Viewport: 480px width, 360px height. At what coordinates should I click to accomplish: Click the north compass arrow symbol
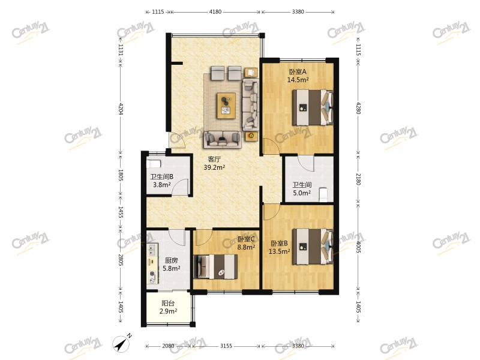[x=122, y=343]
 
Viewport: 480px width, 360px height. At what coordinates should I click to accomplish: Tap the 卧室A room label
[x=298, y=72]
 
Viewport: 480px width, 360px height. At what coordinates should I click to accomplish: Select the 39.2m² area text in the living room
[x=214, y=167]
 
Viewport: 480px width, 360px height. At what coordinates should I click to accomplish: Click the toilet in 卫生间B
[x=154, y=163]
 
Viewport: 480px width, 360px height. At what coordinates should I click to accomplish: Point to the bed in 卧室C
[x=215, y=266]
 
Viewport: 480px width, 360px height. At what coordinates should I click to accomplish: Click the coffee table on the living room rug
[x=226, y=106]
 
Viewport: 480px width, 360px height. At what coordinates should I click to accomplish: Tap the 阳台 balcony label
[x=168, y=304]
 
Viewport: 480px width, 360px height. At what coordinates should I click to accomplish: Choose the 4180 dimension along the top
[x=215, y=11]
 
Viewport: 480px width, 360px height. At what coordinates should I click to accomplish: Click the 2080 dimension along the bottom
[x=168, y=346]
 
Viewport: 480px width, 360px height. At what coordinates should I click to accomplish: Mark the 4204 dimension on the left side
[x=121, y=109]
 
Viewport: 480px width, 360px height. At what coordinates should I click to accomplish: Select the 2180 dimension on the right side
[x=358, y=179]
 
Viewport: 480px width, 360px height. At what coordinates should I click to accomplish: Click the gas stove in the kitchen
[x=152, y=277]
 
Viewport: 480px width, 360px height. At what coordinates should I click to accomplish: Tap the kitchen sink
[x=152, y=250]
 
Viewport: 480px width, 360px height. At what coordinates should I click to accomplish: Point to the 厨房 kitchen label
[x=171, y=260]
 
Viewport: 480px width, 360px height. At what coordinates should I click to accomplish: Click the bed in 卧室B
[x=313, y=247]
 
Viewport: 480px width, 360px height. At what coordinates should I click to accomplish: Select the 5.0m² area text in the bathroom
[x=302, y=193]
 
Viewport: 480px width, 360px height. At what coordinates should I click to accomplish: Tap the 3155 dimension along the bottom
[x=226, y=346]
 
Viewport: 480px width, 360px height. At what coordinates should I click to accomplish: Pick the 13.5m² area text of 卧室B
[x=279, y=251]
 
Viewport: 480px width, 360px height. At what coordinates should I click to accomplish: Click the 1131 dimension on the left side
[x=121, y=50]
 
